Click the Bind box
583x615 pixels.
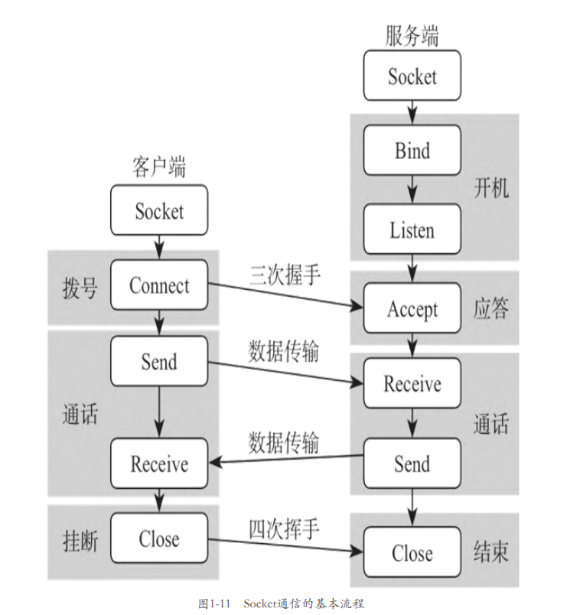coord(412,150)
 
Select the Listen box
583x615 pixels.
coord(412,229)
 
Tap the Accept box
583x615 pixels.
coord(412,308)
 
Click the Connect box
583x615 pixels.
coord(159,285)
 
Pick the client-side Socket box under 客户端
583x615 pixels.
coord(159,210)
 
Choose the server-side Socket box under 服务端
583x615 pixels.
coord(412,76)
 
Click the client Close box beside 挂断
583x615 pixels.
coord(159,539)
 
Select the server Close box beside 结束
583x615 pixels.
coord(412,552)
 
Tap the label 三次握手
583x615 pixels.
coord(285,275)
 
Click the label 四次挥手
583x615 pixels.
coord(284,529)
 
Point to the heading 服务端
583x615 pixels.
coord(412,36)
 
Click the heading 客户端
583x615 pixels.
coord(159,167)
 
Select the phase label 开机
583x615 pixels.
coord(491,188)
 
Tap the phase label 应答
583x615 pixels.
coord(491,308)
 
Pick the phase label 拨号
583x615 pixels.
coord(80,288)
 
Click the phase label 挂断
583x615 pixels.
coord(80,542)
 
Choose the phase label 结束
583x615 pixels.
coord(491,552)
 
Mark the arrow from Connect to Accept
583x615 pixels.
coord(285,295)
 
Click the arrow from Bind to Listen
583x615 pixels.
coord(412,190)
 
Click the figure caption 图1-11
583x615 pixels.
coord(214,604)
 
